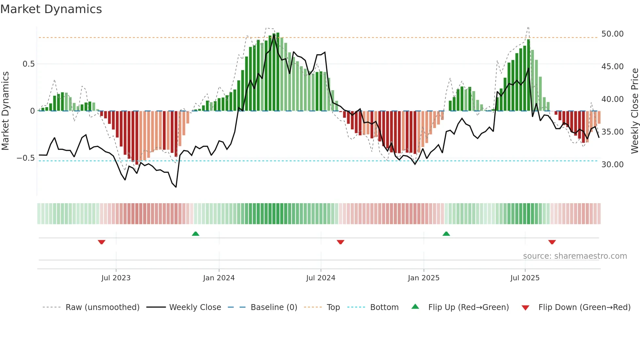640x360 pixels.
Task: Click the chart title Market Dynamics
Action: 51,9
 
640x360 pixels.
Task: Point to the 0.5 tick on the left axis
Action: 28,64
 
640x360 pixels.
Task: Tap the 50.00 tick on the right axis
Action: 612,34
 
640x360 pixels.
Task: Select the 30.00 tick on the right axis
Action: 612,165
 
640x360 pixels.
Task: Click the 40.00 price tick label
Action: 612,99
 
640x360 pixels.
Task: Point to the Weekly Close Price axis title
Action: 634,111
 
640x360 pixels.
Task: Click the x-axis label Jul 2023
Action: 116,278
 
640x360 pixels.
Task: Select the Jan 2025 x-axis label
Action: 423,278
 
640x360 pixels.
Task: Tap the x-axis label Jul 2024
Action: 320,278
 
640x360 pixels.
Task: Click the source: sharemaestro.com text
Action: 575,256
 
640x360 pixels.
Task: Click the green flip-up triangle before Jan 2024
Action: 195,234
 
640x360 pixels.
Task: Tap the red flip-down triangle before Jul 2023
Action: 102,242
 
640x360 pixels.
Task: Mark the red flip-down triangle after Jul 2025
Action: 552,242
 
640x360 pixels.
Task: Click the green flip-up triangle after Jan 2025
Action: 446,234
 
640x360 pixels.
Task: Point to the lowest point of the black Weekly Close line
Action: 176,187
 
